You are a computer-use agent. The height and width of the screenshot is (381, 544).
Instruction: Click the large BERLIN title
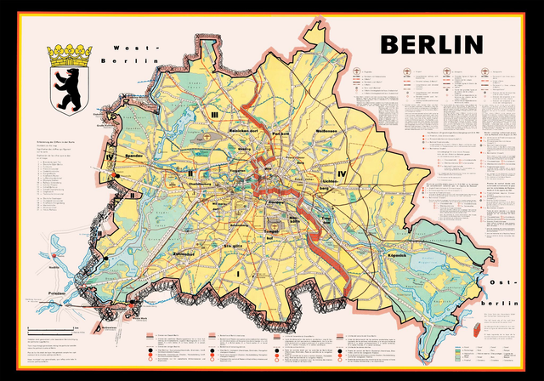[x=431, y=43]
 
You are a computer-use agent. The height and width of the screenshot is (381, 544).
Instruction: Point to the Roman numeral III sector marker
[x=216, y=115]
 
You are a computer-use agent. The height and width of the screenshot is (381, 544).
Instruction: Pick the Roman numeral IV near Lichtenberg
[x=342, y=174]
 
